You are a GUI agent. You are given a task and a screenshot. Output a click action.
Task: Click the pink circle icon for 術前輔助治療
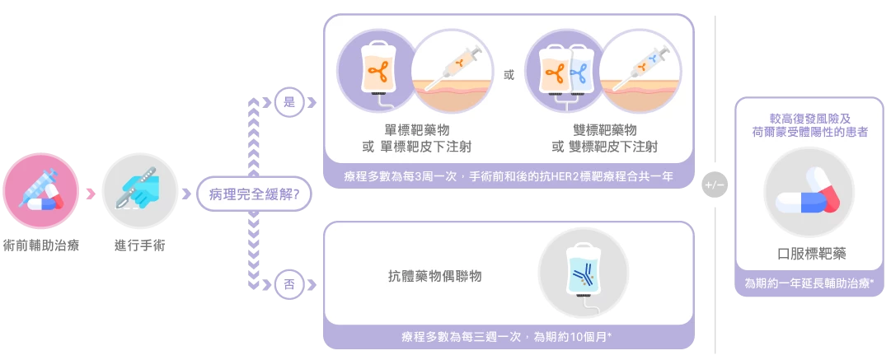[40, 194]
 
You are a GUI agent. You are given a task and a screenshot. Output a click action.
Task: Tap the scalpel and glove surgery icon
[140, 192]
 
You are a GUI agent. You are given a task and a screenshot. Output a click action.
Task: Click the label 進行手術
[140, 245]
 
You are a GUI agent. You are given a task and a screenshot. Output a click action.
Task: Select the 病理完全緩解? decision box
[248, 194]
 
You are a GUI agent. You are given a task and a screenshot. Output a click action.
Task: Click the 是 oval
[289, 103]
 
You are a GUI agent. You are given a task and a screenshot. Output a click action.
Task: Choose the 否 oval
[289, 285]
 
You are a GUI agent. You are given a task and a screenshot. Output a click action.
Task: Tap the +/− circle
[714, 185]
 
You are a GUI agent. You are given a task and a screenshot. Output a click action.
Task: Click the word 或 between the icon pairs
[509, 76]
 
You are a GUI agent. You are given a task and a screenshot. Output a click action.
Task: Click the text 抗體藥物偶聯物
[435, 277]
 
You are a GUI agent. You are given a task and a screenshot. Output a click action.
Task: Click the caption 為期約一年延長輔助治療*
[810, 283]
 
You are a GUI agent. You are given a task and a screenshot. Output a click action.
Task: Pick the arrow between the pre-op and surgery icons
[91, 194]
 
